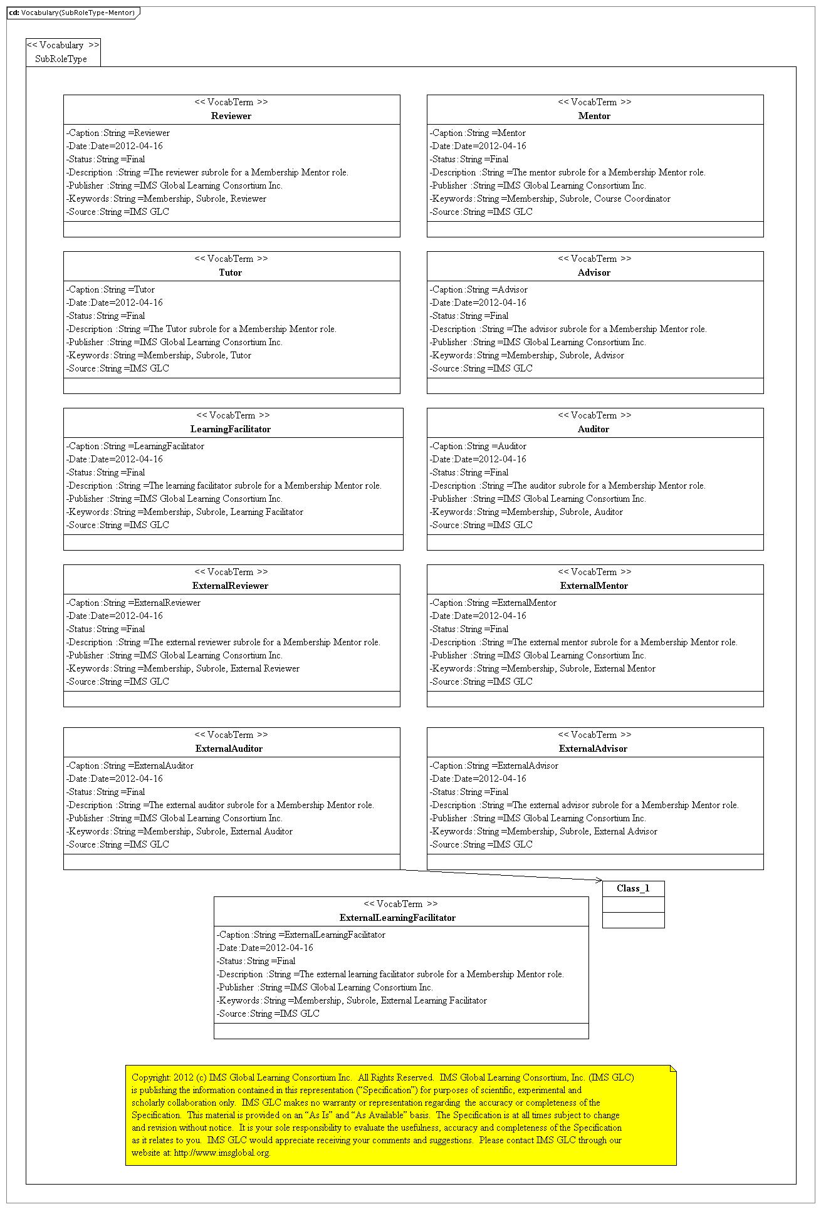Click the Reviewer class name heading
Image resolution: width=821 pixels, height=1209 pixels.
(231, 116)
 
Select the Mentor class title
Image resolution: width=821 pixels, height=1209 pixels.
(594, 116)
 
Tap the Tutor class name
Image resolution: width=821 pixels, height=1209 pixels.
(231, 272)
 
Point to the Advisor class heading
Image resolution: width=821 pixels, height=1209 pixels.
(594, 272)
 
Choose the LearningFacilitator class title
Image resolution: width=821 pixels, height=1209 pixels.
(231, 429)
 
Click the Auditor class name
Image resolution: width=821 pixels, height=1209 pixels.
(594, 429)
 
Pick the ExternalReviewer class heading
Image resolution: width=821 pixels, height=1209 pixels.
(230, 586)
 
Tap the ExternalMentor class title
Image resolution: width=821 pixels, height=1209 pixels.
(594, 586)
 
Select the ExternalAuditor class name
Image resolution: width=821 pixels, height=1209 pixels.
(229, 749)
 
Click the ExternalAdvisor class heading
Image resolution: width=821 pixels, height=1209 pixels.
(594, 749)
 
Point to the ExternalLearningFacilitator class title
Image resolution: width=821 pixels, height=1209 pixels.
(397, 918)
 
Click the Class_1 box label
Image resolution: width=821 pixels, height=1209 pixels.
(633, 888)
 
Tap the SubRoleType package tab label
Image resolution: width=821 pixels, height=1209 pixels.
(61, 59)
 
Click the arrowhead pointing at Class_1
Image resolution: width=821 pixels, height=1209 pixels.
(599, 880)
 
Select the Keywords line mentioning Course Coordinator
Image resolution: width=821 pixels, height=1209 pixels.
(550, 199)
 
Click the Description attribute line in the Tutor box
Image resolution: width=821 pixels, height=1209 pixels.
(201, 329)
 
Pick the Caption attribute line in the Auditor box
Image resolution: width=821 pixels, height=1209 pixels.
(478, 446)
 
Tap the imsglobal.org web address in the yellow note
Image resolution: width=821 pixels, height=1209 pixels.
(222, 1153)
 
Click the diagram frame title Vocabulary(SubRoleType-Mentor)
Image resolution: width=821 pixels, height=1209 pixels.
(78, 13)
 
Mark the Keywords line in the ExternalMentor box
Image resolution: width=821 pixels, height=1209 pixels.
(543, 668)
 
